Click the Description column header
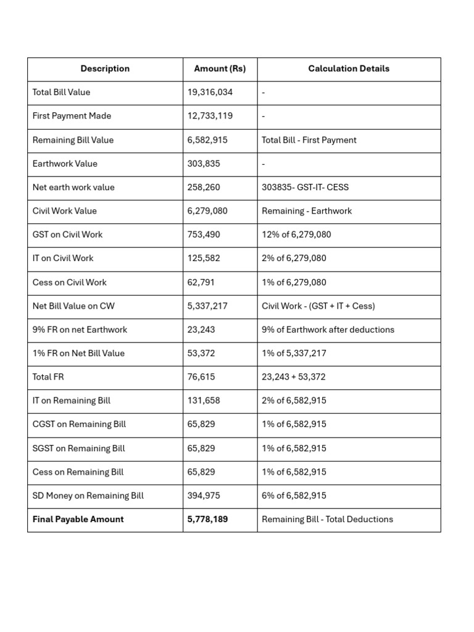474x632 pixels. tap(105, 69)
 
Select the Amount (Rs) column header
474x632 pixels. tap(220, 69)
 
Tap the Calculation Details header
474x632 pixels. tap(349, 69)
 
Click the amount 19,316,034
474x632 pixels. tap(210, 93)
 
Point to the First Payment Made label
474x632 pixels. tap(72, 116)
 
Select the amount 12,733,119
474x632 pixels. tap(210, 116)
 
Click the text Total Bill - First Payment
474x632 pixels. tap(309, 140)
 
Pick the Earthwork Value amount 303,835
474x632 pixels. tap(202, 164)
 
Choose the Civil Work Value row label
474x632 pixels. tap(64, 211)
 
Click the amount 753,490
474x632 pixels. tap(203, 235)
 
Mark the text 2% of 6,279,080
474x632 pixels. tap(294, 258)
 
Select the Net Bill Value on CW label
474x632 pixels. tap(73, 306)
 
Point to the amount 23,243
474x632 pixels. tap(201, 330)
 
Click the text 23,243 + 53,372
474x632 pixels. tap(293, 377)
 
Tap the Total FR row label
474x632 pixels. tap(48, 377)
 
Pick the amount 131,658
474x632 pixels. tap(203, 401)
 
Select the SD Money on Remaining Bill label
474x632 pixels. tap(88, 496)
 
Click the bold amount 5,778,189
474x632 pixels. tap(207, 520)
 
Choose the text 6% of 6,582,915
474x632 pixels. tap(294, 496)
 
